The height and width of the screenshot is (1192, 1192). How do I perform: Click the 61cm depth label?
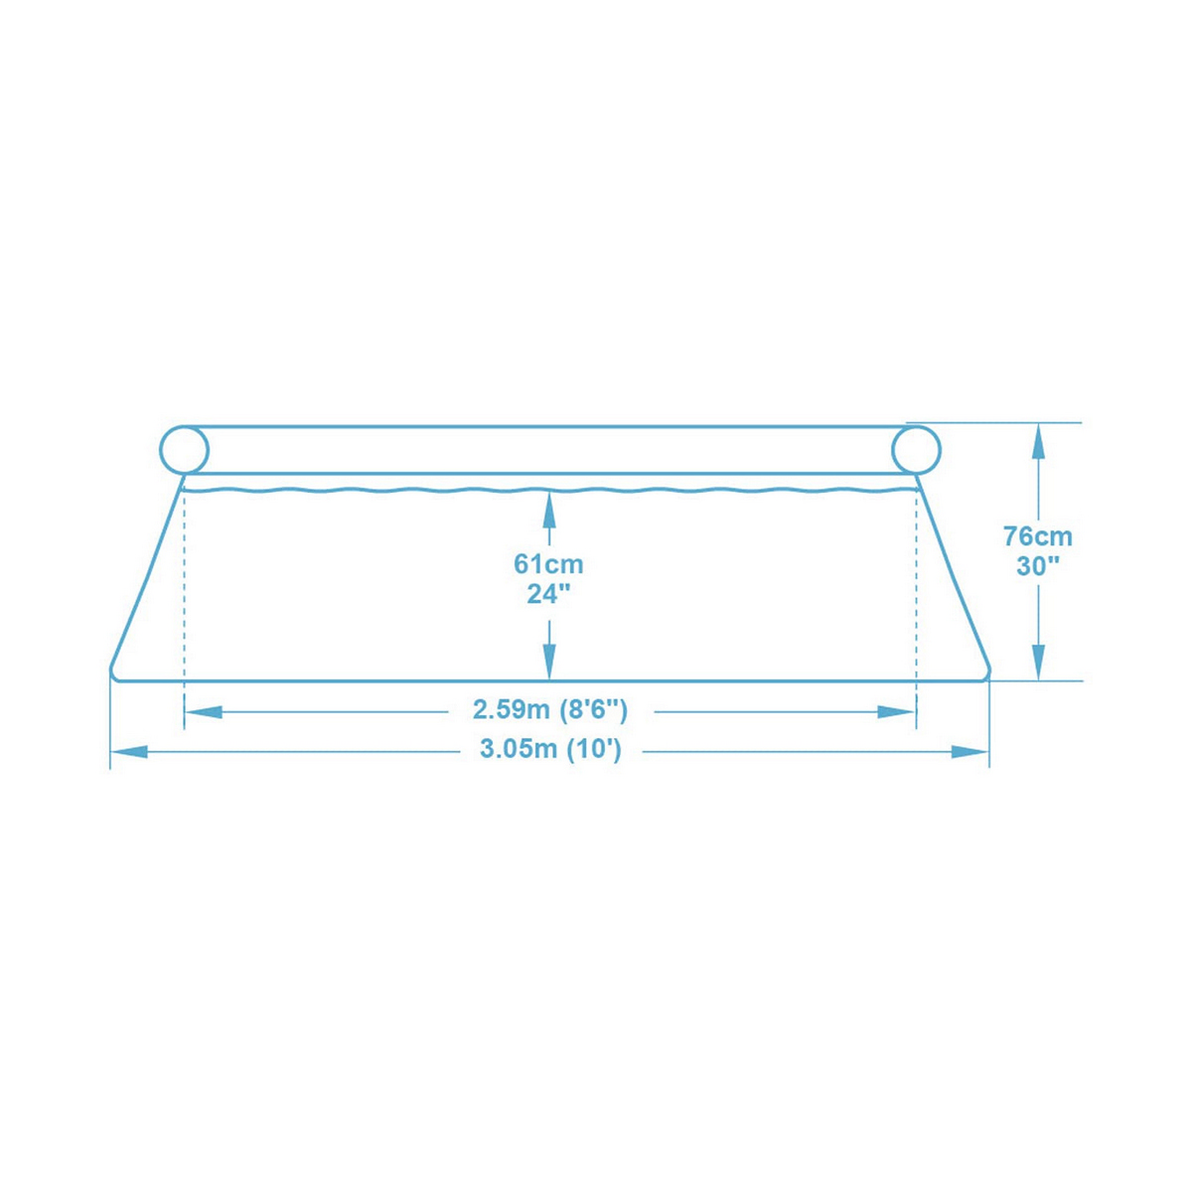(x=548, y=564)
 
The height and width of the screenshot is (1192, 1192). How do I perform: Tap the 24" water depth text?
(x=548, y=594)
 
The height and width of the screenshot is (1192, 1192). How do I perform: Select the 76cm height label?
(x=1038, y=536)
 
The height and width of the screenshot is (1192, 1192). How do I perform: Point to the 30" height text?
(x=1038, y=567)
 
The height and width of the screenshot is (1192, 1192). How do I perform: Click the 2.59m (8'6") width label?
(x=550, y=710)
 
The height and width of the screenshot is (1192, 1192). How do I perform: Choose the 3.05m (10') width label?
(x=550, y=750)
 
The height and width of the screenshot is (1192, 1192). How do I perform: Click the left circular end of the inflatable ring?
(x=185, y=450)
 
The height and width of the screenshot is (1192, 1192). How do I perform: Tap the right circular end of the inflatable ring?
(x=916, y=450)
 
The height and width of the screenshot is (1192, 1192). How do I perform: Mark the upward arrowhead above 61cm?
(x=548, y=510)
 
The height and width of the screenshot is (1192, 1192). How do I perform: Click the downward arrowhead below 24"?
(x=548, y=661)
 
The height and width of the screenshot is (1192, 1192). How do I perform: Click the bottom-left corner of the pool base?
(x=113, y=675)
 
